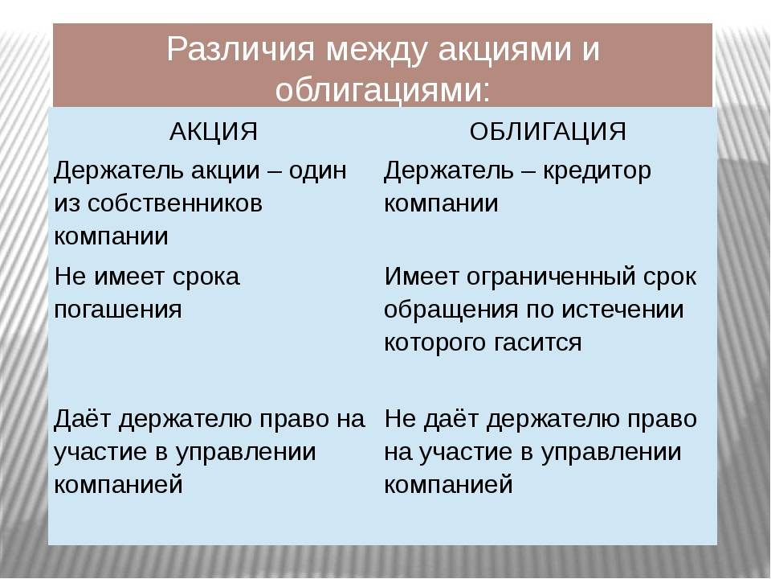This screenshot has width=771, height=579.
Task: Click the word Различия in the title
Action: point(240,49)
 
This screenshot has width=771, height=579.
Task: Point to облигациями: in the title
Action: point(382,91)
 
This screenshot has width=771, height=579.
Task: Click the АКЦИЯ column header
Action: point(214,131)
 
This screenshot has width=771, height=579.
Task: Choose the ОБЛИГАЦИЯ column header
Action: point(548,131)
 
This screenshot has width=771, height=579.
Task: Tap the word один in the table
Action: point(318,170)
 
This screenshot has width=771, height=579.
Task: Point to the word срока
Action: point(206,278)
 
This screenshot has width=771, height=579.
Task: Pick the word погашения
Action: point(118,310)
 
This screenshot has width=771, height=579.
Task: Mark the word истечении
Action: point(622,310)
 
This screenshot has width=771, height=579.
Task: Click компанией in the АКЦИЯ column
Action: point(119,484)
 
